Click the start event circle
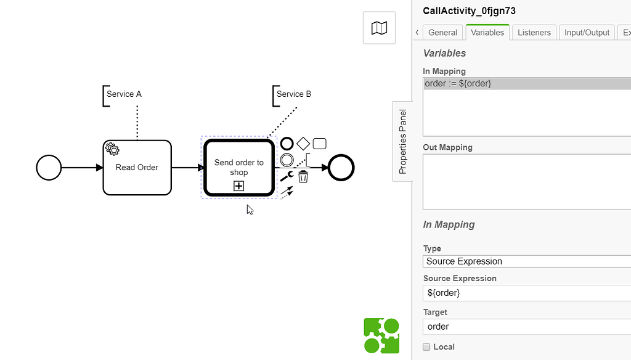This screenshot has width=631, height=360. [49, 167]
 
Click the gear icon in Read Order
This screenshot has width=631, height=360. [112, 149]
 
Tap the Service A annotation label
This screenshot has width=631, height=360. [124, 94]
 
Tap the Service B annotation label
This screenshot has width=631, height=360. [293, 94]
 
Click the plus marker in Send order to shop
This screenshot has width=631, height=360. [238, 186]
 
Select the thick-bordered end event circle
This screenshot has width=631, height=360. [341, 167]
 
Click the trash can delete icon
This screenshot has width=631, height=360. [303, 177]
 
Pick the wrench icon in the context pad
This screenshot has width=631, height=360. [287, 177]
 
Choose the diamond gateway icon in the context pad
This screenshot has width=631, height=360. [303, 144]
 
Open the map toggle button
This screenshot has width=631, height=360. [379, 28]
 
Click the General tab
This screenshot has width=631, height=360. [442, 33]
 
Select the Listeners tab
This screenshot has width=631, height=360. [534, 33]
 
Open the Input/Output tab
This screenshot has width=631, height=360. [587, 33]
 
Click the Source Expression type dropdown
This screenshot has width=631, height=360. [527, 261]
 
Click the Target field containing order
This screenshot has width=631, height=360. [527, 327]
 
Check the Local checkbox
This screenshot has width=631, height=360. [426, 347]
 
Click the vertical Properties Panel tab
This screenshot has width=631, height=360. [402, 141]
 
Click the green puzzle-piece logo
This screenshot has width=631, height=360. [381, 336]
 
